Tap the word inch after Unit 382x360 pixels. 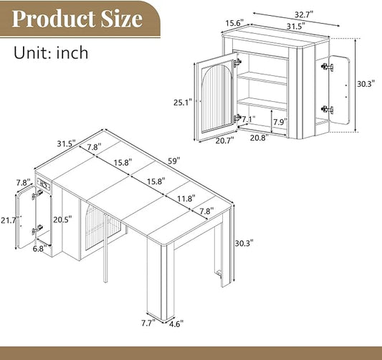click(x=72, y=52)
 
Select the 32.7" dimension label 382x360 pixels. click(x=304, y=14)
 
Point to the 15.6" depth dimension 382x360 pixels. click(x=234, y=23)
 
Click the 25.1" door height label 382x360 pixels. click(x=183, y=103)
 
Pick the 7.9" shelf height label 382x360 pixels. click(x=280, y=122)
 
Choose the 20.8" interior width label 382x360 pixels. click(x=259, y=138)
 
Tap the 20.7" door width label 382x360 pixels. click(x=224, y=141)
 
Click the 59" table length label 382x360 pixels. click(x=174, y=161)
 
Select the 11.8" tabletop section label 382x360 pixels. click(x=186, y=199)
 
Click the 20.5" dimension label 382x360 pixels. click(x=62, y=219)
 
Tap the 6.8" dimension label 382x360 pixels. click(x=40, y=249)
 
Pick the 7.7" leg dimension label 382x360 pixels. click(x=148, y=323)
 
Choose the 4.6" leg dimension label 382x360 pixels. click(x=176, y=324)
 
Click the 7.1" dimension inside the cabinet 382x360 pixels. click(x=248, y=119)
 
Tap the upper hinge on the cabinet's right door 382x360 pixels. click(x=327, y=67)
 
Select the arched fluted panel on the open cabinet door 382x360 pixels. click(x=216, y=96)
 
